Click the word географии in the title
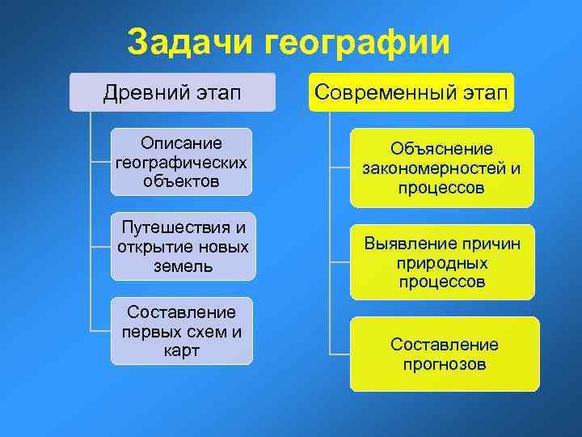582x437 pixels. pyautogui.click(x=358, y=43)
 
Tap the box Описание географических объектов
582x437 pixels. pyautogui.click(x=181, y=162)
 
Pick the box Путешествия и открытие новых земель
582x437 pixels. pyautogui.click(x=183, y=246)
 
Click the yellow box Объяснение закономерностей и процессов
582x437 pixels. pyautogui.click(x=441, y=168)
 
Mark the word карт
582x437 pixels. pyautogui.click(x=182, y=351)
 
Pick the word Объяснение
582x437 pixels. pyautogui.click(x=441, y=149)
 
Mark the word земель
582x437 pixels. pyautogui.click(x=183, y=265)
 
